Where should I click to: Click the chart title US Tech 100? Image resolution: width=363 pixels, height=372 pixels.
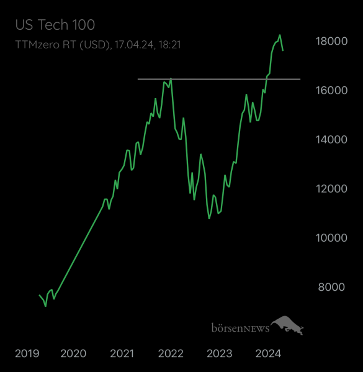(55, 25)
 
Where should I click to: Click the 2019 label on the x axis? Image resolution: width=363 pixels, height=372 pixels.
(27, 353)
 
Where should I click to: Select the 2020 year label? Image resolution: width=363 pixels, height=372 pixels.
(73, 353)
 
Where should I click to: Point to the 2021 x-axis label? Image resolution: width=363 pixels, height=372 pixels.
(122, 353)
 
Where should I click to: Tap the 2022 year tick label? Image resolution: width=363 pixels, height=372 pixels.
(171, 353)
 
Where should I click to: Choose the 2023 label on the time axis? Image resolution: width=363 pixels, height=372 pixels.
(219, 353)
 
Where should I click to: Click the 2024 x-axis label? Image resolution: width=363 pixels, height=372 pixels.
(269, 353)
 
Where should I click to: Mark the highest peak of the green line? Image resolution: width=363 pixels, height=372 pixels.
(280, 35)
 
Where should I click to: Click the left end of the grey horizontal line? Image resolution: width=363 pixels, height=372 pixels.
(138, 79)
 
